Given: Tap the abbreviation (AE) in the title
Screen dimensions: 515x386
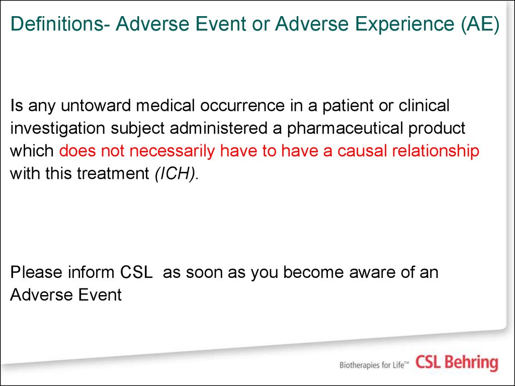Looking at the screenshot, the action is tap(480, 25).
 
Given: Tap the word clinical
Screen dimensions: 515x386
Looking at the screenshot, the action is tap(424, 106).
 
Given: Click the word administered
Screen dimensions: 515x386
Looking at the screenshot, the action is tap(218, 128).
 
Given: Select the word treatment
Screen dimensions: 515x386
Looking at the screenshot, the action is tap(113, 174).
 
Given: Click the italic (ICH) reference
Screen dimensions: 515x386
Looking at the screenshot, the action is tap(177, 174).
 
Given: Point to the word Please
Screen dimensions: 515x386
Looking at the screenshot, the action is tap(36, 272).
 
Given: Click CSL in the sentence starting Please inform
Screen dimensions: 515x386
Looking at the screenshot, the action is tap(137, 272).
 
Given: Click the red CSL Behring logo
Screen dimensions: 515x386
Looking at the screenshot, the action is tap(457, 363).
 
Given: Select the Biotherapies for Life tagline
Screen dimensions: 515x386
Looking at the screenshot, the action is tap(374, 365).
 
